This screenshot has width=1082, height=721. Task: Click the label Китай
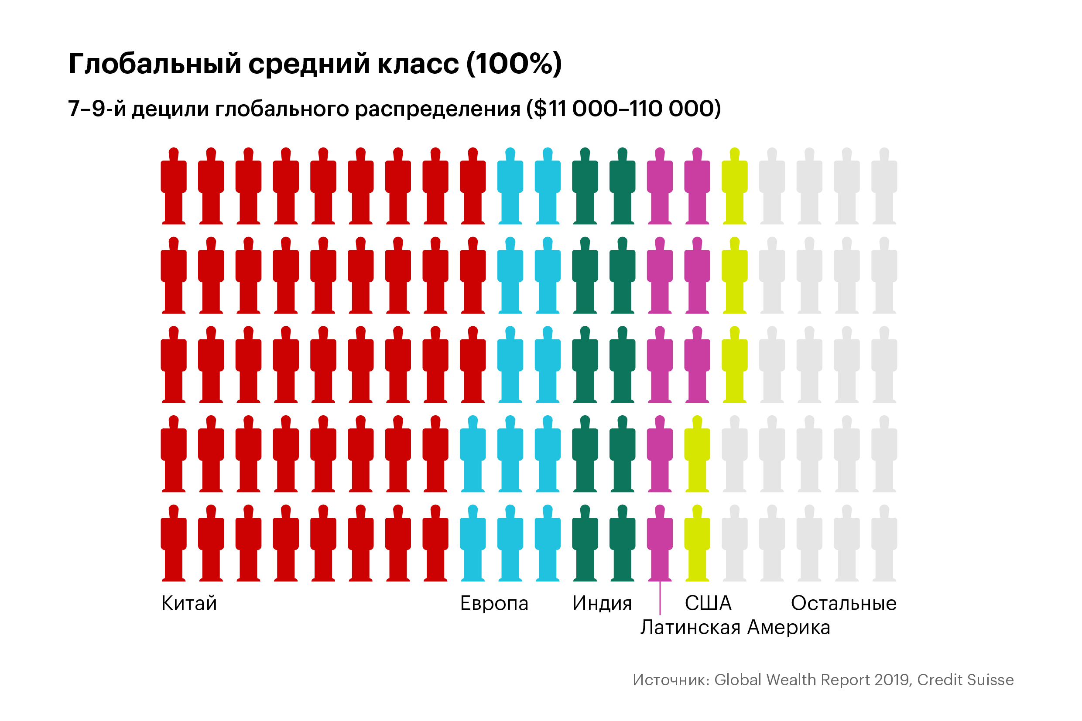click(x=189, y=603)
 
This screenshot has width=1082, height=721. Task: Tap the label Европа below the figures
click(x=494, y=603)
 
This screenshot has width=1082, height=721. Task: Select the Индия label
click(x=602, y=603)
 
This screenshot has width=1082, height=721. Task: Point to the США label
click(x=708, y=603)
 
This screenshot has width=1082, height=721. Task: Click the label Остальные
click(x=843, y=603)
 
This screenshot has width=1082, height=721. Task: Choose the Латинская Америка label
click(x=735, y=627)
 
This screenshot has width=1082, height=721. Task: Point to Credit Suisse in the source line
click(x=965, y=680)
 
